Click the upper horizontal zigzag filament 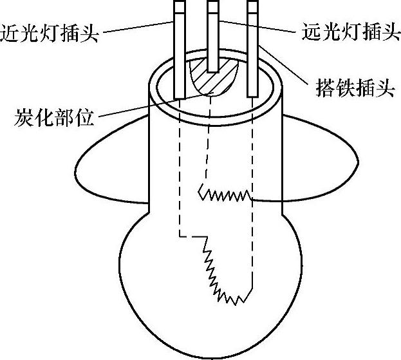pyautogui.click(x=225, y=193)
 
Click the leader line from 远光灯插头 pyautogui.click(x=257, y=26)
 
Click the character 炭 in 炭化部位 pyautogui.click(x=23, y=118)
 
